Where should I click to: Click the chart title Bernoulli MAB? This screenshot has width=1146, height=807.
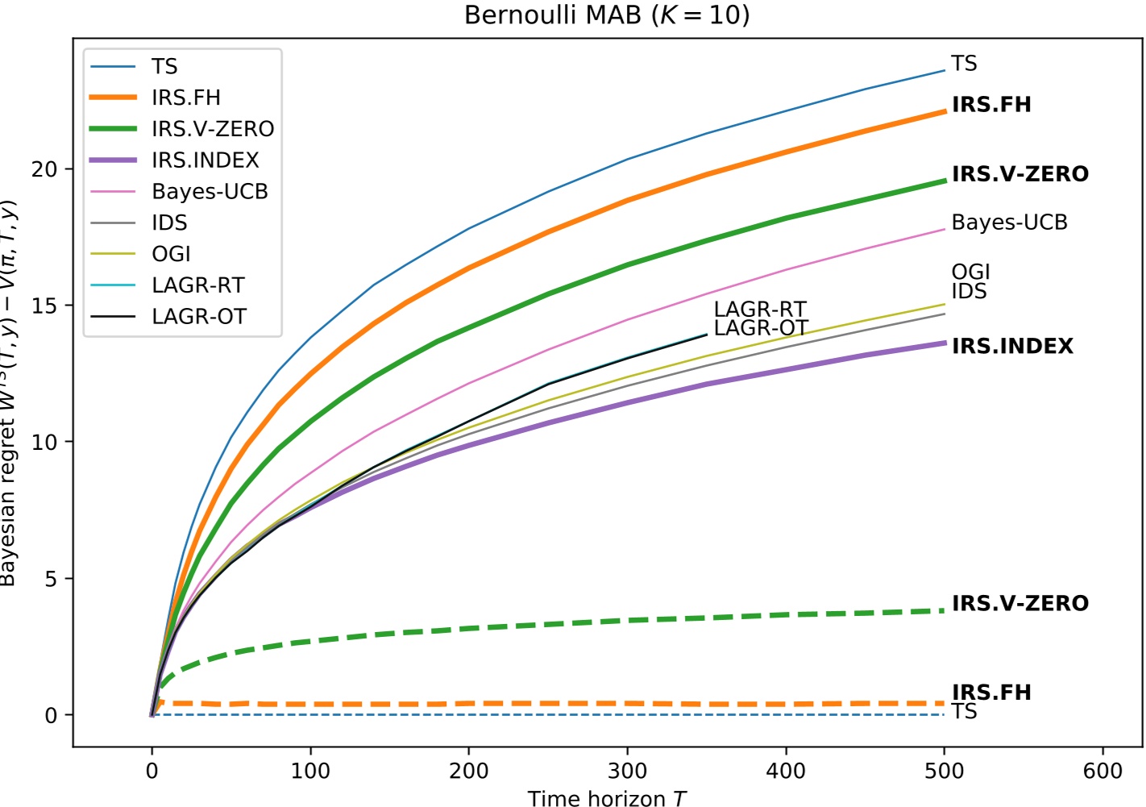[607, 15]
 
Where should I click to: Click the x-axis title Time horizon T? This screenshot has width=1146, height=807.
[607, 798]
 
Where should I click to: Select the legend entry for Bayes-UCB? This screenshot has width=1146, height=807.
[210, 192]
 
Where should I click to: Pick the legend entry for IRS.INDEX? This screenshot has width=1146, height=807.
[205, 160]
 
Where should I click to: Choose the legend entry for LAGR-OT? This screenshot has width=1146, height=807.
[198, 317]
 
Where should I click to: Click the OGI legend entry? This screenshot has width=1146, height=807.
[171, 254]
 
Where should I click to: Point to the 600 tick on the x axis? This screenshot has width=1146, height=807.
[1102, 772]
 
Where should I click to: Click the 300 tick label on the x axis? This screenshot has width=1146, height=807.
[627, 772]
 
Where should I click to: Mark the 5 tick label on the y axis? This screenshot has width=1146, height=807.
[51, 579]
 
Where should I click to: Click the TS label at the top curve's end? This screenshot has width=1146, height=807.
[964, 64]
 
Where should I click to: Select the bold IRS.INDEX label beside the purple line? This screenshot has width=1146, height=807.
[1012, 347]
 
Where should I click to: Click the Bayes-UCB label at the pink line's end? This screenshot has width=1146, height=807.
[1009, 223]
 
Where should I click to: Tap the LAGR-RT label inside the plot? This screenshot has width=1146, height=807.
[759, 309]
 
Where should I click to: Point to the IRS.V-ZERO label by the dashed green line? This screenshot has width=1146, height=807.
[1019, 604]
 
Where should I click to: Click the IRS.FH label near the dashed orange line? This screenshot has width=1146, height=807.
[991, 693]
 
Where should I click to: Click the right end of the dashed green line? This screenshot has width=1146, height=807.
[943, 611]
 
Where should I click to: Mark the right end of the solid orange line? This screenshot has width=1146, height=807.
[944, 111]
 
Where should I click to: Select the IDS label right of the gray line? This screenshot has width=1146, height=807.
[969, 292]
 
